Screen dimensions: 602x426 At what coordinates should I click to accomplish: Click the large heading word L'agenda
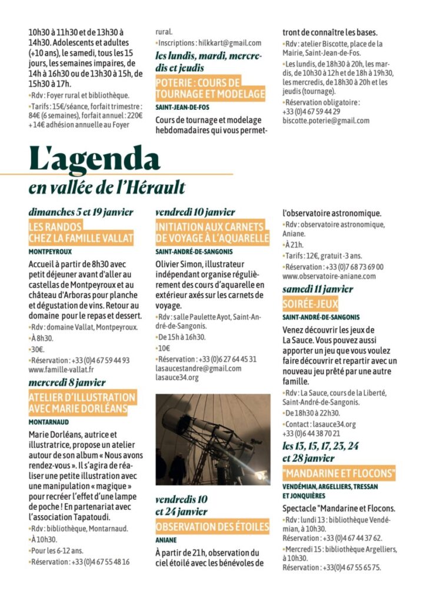[x=94, y=159]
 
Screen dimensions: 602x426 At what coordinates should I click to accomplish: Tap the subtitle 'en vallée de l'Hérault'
[x=106, y=188]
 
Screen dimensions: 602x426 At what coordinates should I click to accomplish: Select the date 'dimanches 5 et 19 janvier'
[x=81, y=212]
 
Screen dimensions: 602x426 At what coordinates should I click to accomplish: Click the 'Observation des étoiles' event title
[x=212, y=527]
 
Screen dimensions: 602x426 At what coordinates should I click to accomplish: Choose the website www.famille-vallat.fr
[x=61, y=370]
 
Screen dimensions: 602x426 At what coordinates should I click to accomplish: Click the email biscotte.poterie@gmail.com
[x=326, y=121]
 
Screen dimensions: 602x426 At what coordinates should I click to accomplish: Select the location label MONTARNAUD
[x=49, y=422]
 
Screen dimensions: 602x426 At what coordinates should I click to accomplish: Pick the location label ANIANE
[x=167, y=540]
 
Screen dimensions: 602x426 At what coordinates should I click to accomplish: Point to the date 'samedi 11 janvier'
[x=318, y=289]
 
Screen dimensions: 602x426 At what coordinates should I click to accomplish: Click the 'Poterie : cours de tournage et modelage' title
[x=210, y=88]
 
